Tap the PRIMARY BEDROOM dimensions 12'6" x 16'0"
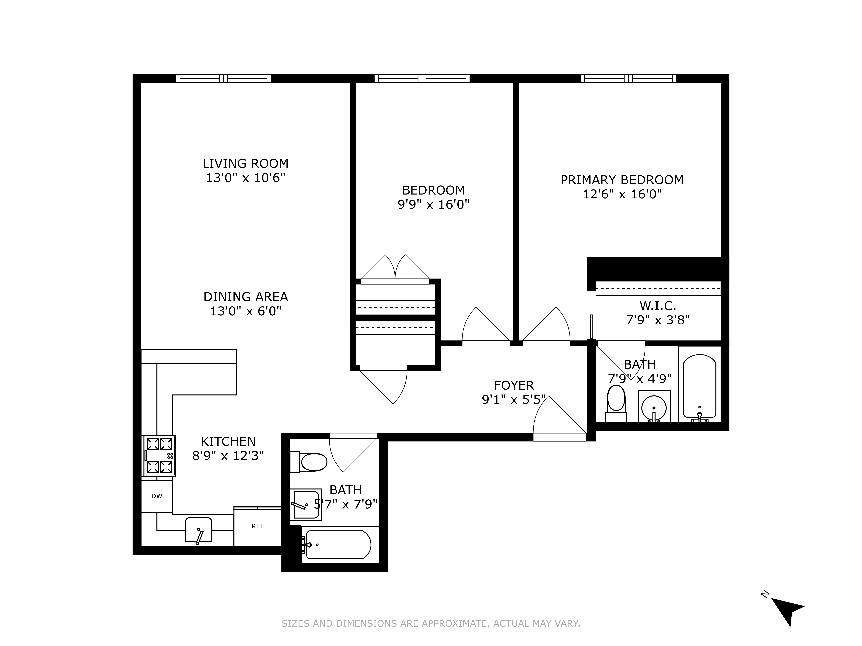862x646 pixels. [622, 194]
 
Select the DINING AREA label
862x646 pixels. [246, 297]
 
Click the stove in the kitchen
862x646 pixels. [159, 456]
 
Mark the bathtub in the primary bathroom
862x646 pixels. [700, 387]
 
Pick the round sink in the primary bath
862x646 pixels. [654, 406]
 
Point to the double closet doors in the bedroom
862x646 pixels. [395, 269]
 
